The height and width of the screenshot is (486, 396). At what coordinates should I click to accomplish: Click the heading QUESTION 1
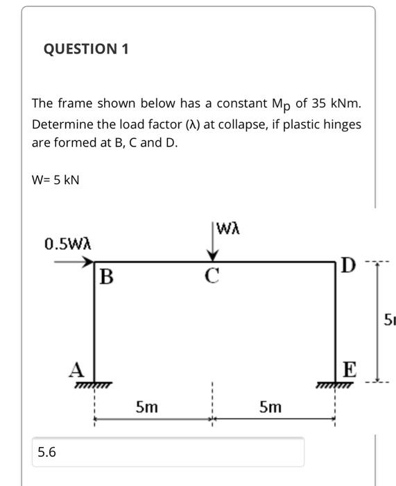(86, 49)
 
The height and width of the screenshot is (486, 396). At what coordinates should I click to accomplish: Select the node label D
(349, 265)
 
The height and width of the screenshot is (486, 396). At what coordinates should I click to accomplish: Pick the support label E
(350, 370)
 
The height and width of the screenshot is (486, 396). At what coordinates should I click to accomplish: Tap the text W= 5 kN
(56, 180)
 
